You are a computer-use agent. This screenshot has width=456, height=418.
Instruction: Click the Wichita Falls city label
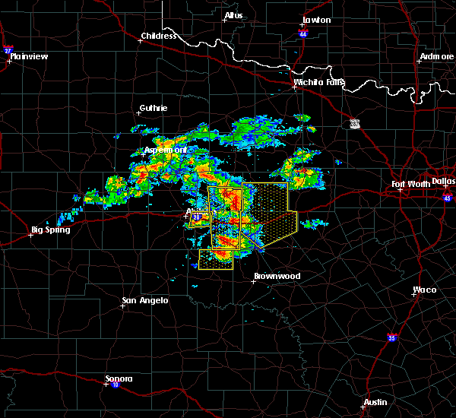coord(319,82)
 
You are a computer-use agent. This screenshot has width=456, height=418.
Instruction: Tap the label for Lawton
coord(316,20)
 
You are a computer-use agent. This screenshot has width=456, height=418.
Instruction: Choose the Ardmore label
coord(436,57)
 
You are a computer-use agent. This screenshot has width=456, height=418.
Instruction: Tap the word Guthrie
coord(153,108)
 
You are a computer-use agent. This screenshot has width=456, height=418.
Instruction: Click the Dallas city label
coord(443,181)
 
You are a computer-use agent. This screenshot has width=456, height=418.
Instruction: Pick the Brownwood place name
coord(277,276)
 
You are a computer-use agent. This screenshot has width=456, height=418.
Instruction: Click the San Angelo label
coord(144,300)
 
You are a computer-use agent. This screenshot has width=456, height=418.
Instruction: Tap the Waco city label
coord(424,290)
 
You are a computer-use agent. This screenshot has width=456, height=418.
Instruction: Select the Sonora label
coord(119,378)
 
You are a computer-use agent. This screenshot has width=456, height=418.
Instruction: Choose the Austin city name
coord(375,402)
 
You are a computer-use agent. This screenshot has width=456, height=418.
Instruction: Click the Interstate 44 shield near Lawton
coord(302,35)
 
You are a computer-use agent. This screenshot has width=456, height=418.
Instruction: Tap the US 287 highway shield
coord(355,122)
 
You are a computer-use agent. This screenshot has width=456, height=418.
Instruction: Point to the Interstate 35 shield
coord(392,337)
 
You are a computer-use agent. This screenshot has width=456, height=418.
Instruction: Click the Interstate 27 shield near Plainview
coord(8,50)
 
